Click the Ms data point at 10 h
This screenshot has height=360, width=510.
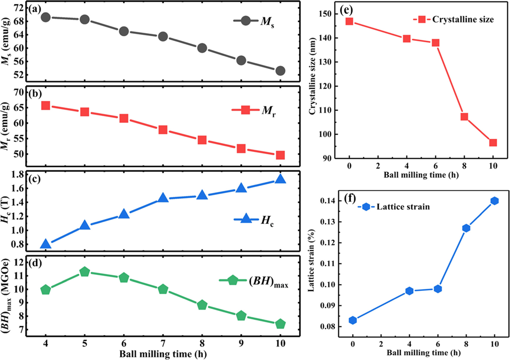tap(280, 71)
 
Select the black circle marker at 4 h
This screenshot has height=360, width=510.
tap(46, 17)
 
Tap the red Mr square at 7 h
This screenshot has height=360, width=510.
tap(163, 130)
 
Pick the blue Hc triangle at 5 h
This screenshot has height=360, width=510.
tap(85, 225)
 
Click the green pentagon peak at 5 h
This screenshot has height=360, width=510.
tap(85, 271)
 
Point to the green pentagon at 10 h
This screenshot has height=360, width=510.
tap(280, 324)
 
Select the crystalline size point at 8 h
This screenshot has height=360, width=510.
tap(464, 117)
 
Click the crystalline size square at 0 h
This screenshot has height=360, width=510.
tap(349, 21)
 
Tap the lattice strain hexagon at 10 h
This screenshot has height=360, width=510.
tap(495, 201)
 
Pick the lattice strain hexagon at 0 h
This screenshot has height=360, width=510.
tap(353, 320)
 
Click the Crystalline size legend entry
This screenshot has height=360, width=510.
tap(454, 20)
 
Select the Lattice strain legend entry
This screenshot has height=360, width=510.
tap(394, 207)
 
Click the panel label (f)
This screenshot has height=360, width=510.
tap(350, 198)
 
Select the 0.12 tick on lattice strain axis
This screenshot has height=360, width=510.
tap(327, 243)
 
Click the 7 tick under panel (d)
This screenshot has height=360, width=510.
tap(163, 344)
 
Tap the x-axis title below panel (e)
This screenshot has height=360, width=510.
tap(421, 175)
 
